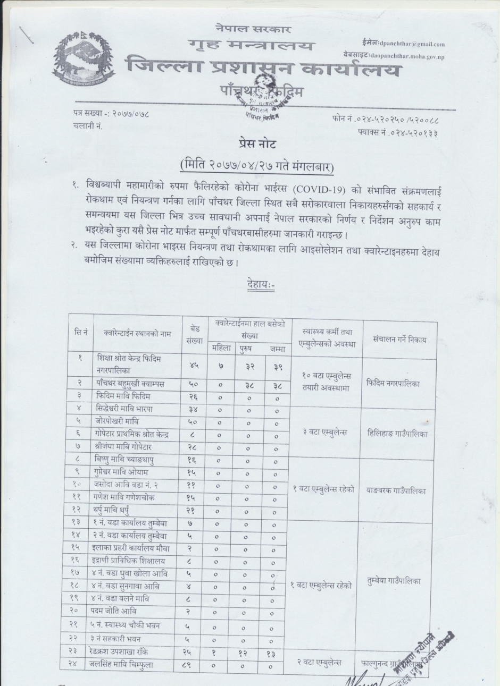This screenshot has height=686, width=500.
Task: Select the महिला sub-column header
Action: [221, 349]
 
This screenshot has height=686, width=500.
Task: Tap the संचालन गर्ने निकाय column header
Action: [399, 339]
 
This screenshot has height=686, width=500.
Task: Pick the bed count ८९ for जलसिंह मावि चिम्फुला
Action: [191, 664]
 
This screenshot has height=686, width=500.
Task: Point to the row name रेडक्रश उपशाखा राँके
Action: [127, 651]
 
